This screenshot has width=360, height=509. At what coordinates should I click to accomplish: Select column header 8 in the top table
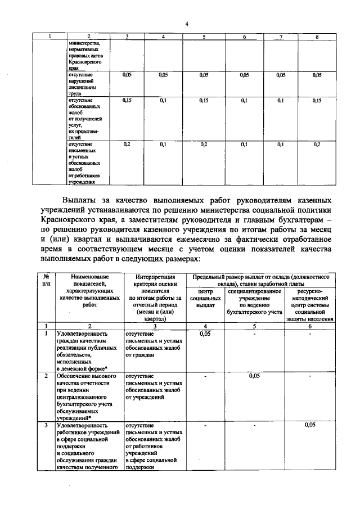(x=317, y=37)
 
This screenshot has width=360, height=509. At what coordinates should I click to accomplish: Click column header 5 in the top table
(x=204, y=37)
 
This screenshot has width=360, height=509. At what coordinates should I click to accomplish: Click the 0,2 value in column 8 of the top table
(x=317, y=145)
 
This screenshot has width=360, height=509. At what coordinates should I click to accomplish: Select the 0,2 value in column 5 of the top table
(x=204, y=145)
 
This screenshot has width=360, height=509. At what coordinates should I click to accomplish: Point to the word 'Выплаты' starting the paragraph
(x=82, y=200)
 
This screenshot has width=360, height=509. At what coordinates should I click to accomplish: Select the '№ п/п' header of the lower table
(x=47, y=280)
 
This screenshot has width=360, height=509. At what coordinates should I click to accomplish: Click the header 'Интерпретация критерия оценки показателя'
(x=156, y=298)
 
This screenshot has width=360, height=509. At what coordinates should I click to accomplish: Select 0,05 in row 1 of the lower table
(x=206, y=334)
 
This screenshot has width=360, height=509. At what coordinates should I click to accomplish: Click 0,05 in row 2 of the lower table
(x=254, y=375)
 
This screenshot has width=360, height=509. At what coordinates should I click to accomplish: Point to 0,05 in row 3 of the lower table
(x=309, y=425)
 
